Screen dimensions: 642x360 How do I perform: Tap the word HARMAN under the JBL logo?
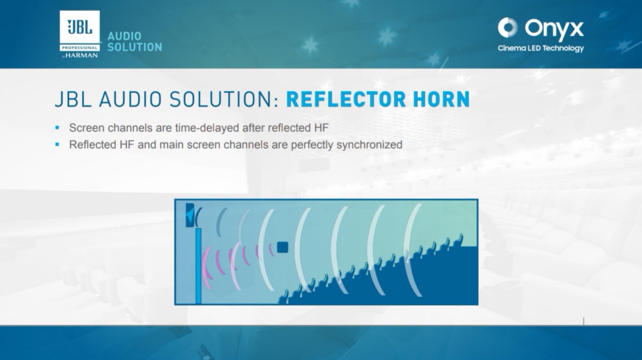click(82, 55)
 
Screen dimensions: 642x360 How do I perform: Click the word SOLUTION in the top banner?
click(135, 48)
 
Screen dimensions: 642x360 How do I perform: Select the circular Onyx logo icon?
click(508, 27)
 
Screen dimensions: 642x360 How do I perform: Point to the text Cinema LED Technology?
click(541, 48)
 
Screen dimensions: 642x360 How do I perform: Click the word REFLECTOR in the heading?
click(346, 99)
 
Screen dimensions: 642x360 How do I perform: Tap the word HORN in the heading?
click(441, 99)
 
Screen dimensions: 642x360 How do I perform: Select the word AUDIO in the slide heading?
click(131, 99)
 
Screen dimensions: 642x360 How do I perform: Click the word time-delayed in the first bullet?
click(207, 128)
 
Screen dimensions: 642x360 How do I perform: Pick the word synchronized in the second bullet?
click(369, 145)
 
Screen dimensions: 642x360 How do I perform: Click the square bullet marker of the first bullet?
click(57, 128)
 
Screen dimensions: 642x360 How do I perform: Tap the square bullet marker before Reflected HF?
click(57, 144)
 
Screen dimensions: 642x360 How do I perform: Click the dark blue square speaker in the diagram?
click(282, 247)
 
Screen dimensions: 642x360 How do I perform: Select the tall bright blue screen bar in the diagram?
click(198, 266)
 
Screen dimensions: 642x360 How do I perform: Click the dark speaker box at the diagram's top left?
click(190, 215)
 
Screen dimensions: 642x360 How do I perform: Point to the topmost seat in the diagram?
click(459, 240)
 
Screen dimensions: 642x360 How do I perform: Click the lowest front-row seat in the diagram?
click(284, 297)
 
